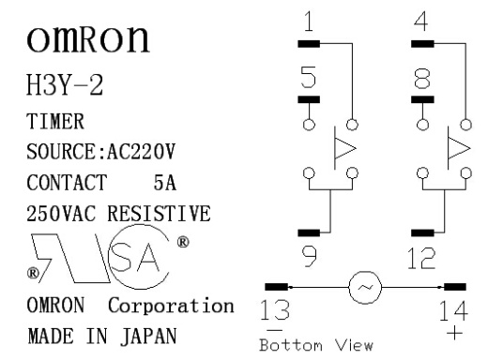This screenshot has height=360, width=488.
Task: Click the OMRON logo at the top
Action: [x=88, y=38]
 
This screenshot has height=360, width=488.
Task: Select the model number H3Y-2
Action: [x=65, y=84]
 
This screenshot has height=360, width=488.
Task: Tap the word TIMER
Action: [x=55, y=121]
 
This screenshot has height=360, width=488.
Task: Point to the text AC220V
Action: [x=141, y=152]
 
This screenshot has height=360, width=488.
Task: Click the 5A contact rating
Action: [x=165, y=183]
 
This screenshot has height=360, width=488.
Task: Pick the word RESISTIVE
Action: [x=159, y=214]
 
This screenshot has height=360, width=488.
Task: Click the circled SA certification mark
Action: [x=139, y=257]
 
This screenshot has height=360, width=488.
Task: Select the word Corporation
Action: [x=171, y=306]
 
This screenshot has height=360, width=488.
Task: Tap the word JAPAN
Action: [x=148, y=337]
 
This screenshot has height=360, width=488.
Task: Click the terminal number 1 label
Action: [x=309, y=22]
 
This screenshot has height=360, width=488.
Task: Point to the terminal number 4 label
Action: [x=421, y=22]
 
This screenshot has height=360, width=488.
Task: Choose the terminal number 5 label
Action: [x=309, y=77]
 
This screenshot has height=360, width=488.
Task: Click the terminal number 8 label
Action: [x=422, y=78]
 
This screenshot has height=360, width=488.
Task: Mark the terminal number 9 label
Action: [x=310, y=256]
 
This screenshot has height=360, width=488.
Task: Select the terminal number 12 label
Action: [x=421, y=258]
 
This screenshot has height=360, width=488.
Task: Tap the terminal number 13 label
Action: [x=275, y=309]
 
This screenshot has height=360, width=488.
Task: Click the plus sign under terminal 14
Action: [x=454, y=333]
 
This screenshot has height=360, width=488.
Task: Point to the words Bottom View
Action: [x=316, y=345]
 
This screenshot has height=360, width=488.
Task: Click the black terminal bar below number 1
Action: [x=309, y=44]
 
